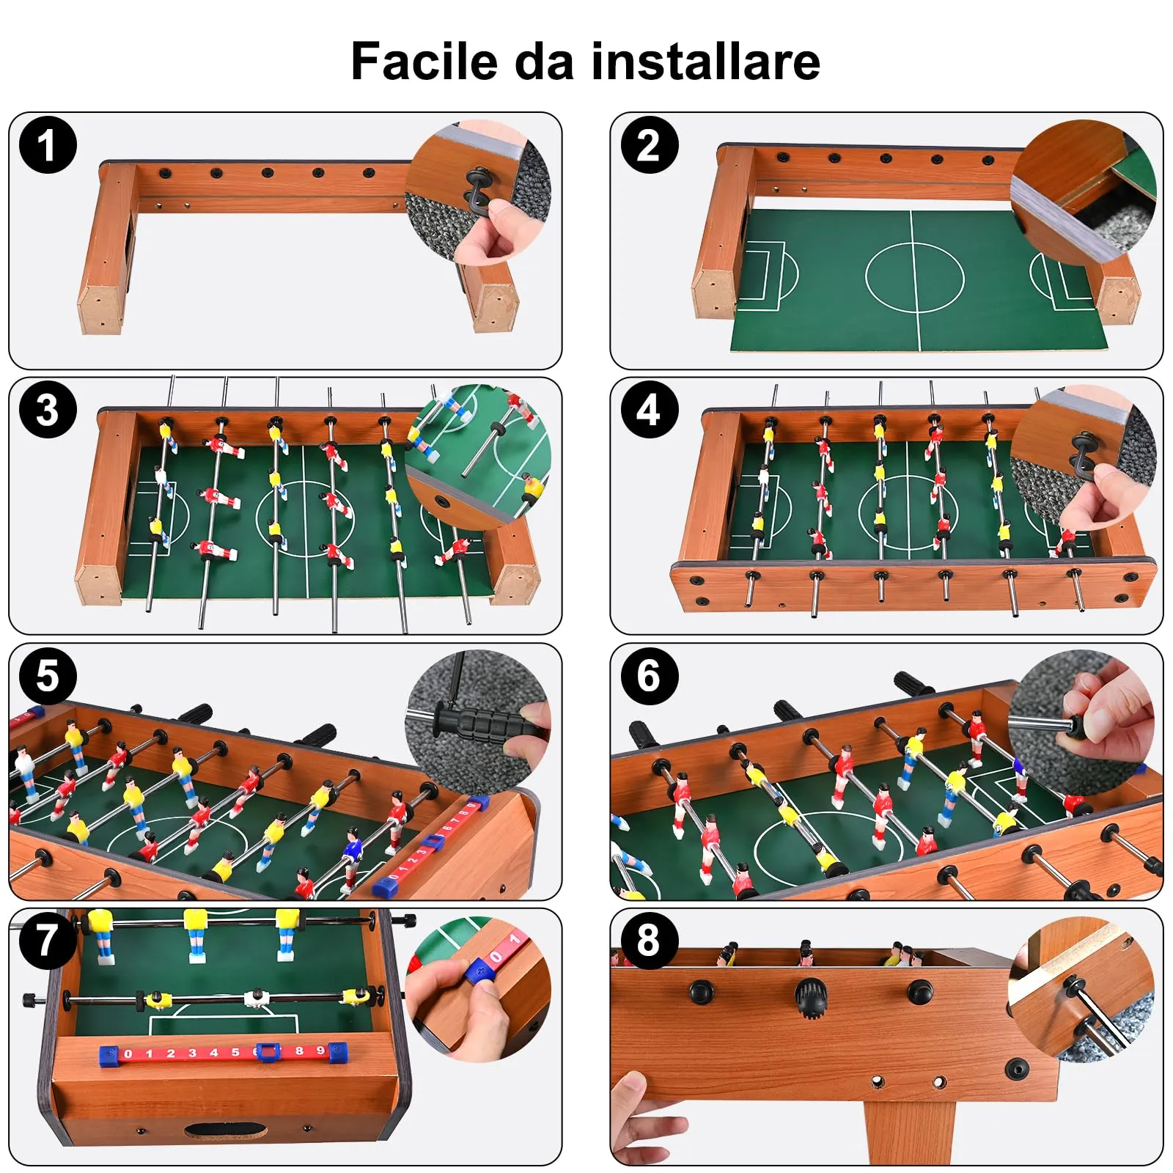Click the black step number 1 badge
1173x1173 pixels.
48,145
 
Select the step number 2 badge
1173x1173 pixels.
649,145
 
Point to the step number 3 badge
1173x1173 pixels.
48,410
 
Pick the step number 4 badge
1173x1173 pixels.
649,410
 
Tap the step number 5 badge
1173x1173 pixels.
48,675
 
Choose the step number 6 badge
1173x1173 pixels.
649,675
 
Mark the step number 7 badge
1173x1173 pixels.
48,940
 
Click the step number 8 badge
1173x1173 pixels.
649,940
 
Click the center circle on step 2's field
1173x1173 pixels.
914,278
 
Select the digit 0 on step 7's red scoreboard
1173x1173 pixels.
128,1054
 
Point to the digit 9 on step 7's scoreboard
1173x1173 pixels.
320,1051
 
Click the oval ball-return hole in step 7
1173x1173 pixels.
216,1130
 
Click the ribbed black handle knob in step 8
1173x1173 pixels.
811,999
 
